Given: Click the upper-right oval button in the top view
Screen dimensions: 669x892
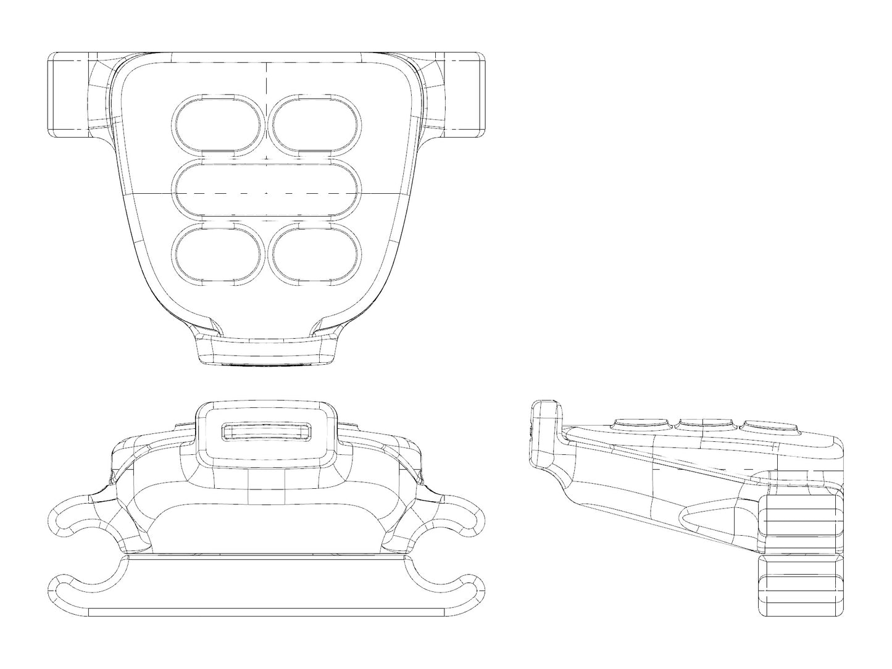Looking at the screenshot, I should pyautogui.click(x=315, y=125).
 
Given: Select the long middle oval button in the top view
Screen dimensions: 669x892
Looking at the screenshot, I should pyautogui.click(x=267, y=191).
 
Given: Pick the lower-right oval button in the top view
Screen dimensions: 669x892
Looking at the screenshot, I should pyautogui.click(x=315, y=255).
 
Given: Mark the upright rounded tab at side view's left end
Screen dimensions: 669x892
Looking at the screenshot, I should pyautogui.click(x=547, y=432).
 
